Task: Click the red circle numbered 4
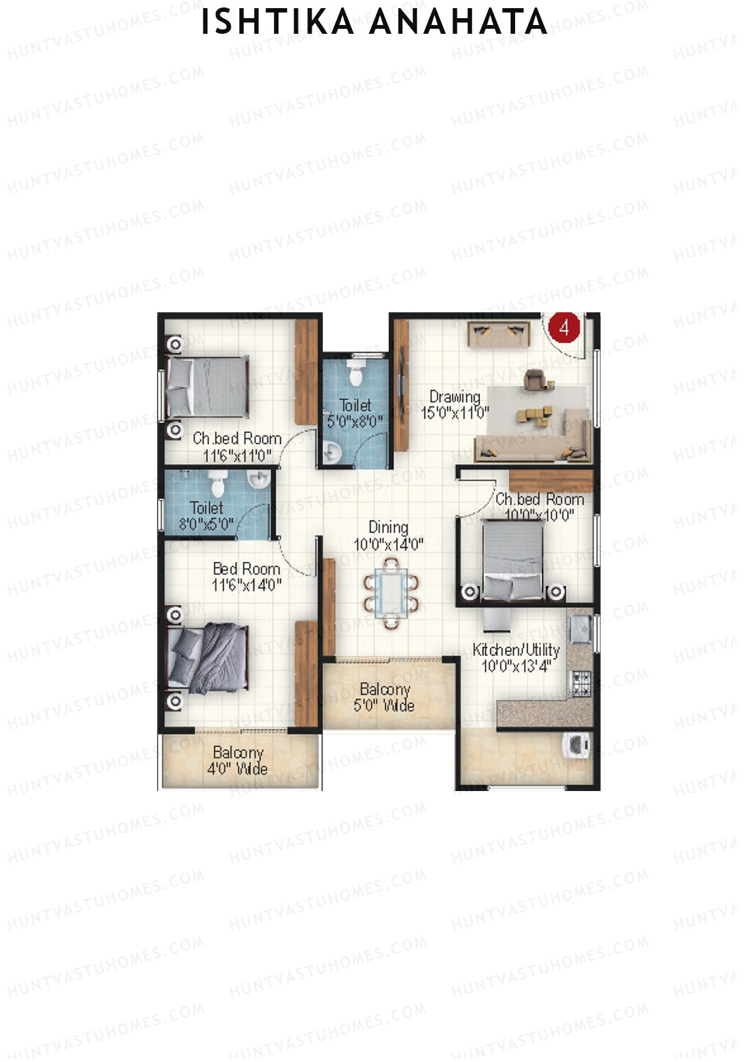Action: coord(565,327)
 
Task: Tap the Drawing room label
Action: coord(455,404)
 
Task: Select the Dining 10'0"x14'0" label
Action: coord(388,536)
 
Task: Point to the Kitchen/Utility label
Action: coord(516,658)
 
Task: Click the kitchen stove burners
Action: coord(581,683)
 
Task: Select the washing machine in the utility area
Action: coord(576,745)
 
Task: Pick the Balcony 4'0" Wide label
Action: coord(237,760)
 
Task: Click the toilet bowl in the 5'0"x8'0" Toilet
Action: coord(355,374)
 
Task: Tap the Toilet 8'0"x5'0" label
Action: coord(206,516)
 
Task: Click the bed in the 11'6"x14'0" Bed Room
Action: coord(208,658)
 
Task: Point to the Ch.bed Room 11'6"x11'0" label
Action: coord(237,447)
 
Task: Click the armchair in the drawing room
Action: coord(534,379)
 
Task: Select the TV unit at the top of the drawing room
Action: coord(499,334)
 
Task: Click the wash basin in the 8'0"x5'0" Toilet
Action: coord(257,480)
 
